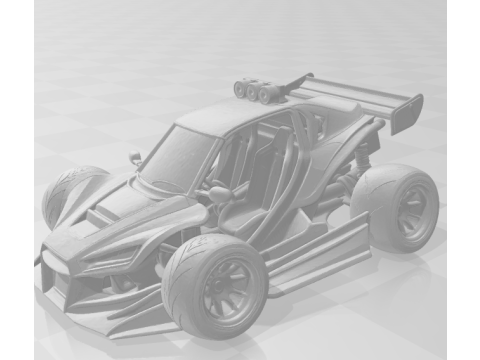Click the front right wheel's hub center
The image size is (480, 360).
(x=221, y=290)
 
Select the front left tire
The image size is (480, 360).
(x=62, y=195)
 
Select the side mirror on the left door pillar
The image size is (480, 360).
(x=135, y=158)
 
